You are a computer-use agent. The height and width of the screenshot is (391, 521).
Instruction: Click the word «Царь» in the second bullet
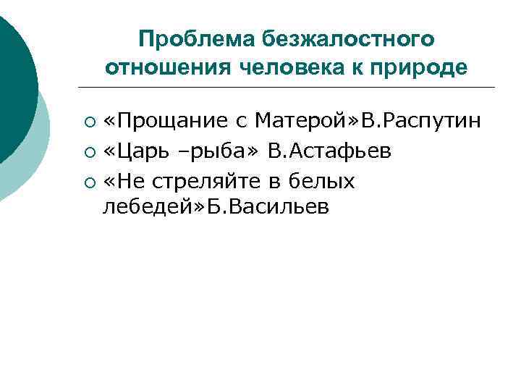[x=138, y=151]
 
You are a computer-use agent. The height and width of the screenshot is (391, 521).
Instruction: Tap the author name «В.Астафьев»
[x=330, y=151]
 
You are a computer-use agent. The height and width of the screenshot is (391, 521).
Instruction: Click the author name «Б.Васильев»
[x=268, y=207]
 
